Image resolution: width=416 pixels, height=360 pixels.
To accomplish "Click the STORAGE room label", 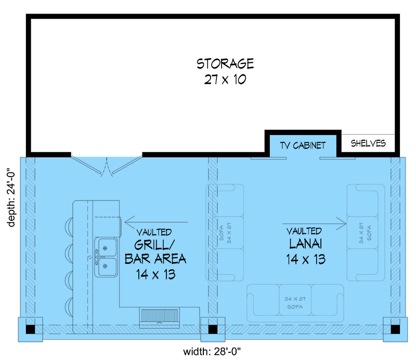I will (225, 64).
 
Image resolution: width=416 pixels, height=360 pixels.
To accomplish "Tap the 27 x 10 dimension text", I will (225, 79).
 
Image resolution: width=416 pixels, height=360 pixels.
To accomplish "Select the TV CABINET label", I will (303, 145).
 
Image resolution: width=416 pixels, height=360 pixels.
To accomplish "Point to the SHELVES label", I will (368, 143).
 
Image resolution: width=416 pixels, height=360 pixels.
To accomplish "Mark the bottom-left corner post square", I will (31, 329).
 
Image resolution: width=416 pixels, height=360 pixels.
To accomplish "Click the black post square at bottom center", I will (212, 329).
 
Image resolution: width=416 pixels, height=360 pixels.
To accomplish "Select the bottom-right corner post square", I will (396, 329).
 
